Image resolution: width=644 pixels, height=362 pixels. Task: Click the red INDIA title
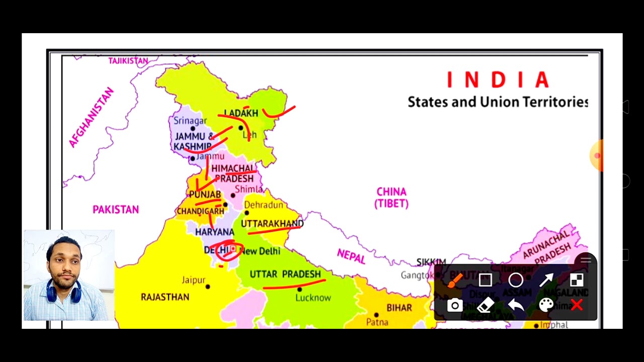point(498,80)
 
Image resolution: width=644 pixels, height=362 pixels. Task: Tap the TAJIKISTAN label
point(128,61)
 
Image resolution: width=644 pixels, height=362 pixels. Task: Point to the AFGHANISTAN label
point(92,118)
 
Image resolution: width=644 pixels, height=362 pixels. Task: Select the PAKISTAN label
point(116,210)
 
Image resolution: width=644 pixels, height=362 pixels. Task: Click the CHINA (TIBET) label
point(391,198)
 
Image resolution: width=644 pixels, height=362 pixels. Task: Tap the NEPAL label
point(351,256)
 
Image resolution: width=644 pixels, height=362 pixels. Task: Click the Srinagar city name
point(190,121)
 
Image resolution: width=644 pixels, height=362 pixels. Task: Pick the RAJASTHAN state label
point(165,297)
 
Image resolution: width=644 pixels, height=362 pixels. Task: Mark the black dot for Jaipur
point(208,287)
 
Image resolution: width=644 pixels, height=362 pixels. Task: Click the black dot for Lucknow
point(300,290)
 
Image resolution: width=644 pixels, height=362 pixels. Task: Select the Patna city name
point(377,322)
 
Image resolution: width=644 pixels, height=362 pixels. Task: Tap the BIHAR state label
point(399,308)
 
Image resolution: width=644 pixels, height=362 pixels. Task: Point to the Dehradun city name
point(264,205)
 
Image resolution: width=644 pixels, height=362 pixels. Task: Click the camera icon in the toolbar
point(455,305)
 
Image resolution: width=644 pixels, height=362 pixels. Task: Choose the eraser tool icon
point(485,305)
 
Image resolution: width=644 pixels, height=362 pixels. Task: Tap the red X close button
point(577,305)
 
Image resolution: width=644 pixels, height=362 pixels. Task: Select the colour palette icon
point(546,305)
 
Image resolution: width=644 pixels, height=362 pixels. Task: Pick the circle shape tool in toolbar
point(516,280)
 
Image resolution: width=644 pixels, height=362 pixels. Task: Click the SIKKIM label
point(431,262)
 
